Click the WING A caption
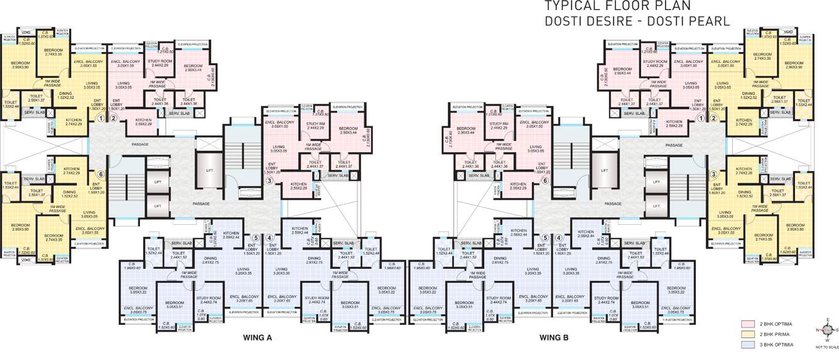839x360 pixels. point(257,338)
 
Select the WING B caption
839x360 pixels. point(553,338)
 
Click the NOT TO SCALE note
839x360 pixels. point(827,346)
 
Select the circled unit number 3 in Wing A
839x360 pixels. point(269,181)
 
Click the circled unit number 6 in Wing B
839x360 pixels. point(545,180)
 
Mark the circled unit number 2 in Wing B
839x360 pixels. point(714,117)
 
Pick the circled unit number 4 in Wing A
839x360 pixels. point(269,238)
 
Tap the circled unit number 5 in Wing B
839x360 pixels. point(545,238)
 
